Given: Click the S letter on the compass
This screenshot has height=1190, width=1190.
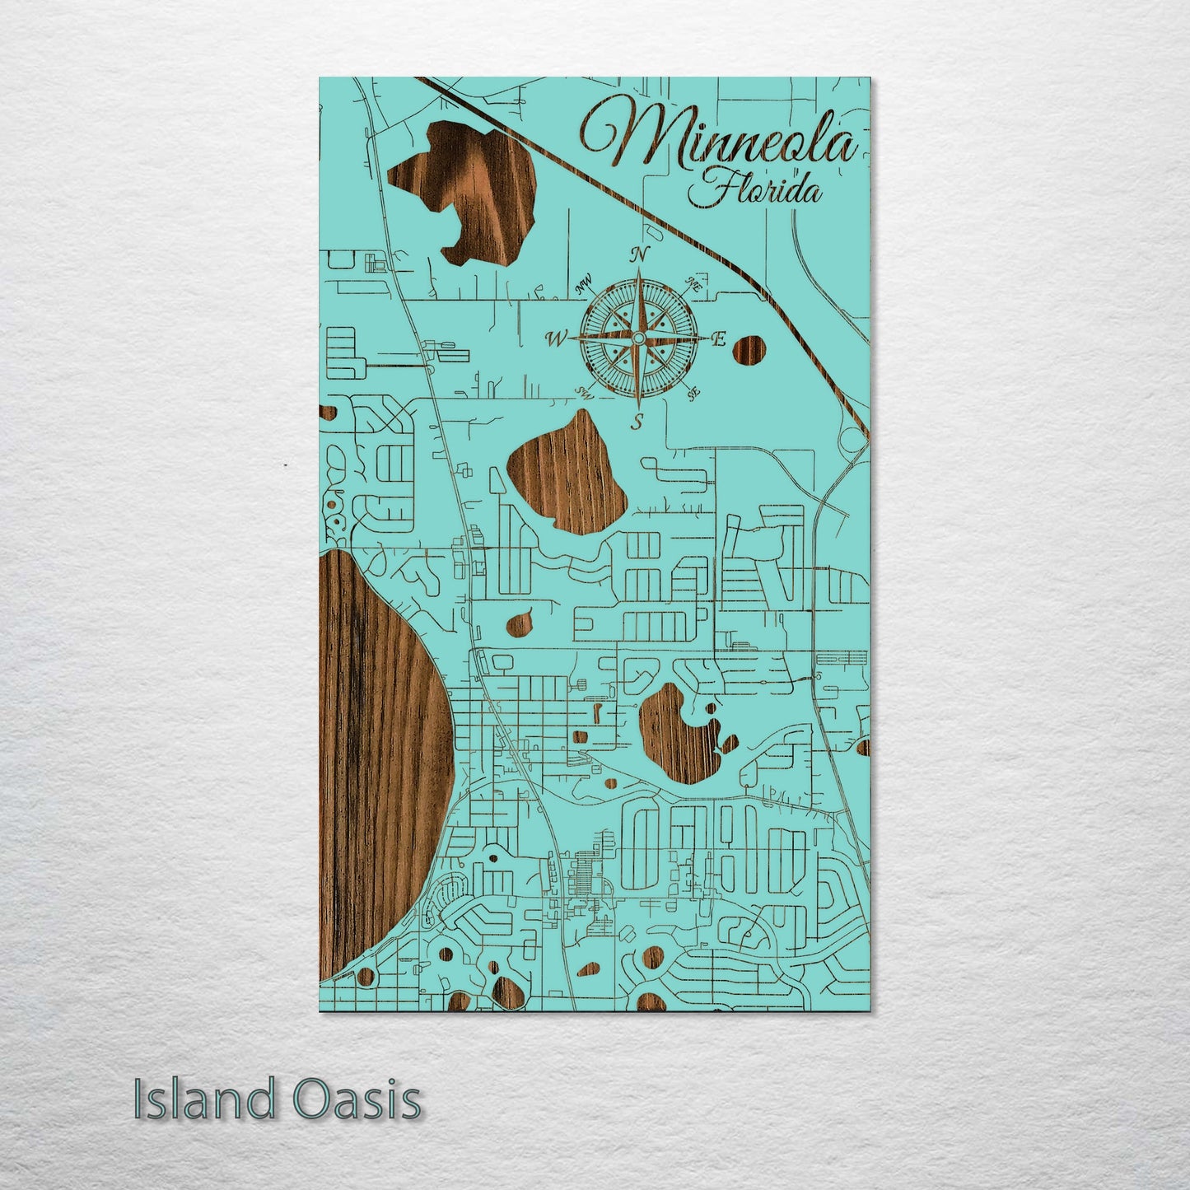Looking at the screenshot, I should [x=637, y=423].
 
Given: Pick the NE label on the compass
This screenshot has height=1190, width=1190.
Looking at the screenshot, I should [x=692, y=285].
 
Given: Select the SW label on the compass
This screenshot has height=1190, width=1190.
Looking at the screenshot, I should [x=586, y=390].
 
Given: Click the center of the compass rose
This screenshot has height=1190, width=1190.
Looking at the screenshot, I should [x=637, y=338].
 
